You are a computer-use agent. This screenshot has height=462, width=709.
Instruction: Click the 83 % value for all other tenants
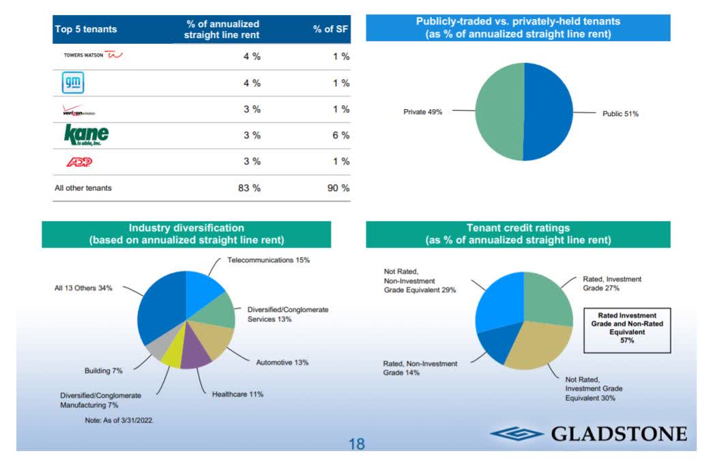pyautogui.click(x=249, y=188)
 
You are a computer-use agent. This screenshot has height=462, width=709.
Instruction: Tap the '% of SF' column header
pyautogui.click(x=331, y=29)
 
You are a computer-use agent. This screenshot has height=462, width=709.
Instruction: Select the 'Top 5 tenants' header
pyautogui.click(x=85, y=29)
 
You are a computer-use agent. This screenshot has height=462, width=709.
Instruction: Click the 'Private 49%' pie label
pyautogui.click(x=422, y=111)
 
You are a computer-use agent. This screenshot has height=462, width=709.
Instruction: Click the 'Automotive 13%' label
pyautogui.click(x=282, y=362)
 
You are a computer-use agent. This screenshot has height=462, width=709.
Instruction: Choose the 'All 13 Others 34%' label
pyautogui.click(x=83, y=288)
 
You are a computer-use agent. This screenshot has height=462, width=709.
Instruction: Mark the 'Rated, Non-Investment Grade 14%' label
pyautogui.click(x=420, y=368)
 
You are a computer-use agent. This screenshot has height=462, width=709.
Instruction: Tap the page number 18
pyautogui.click(x=356, y=444)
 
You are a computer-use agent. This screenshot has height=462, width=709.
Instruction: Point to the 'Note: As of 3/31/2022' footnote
pyautogui.click(x=119, y=420)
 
